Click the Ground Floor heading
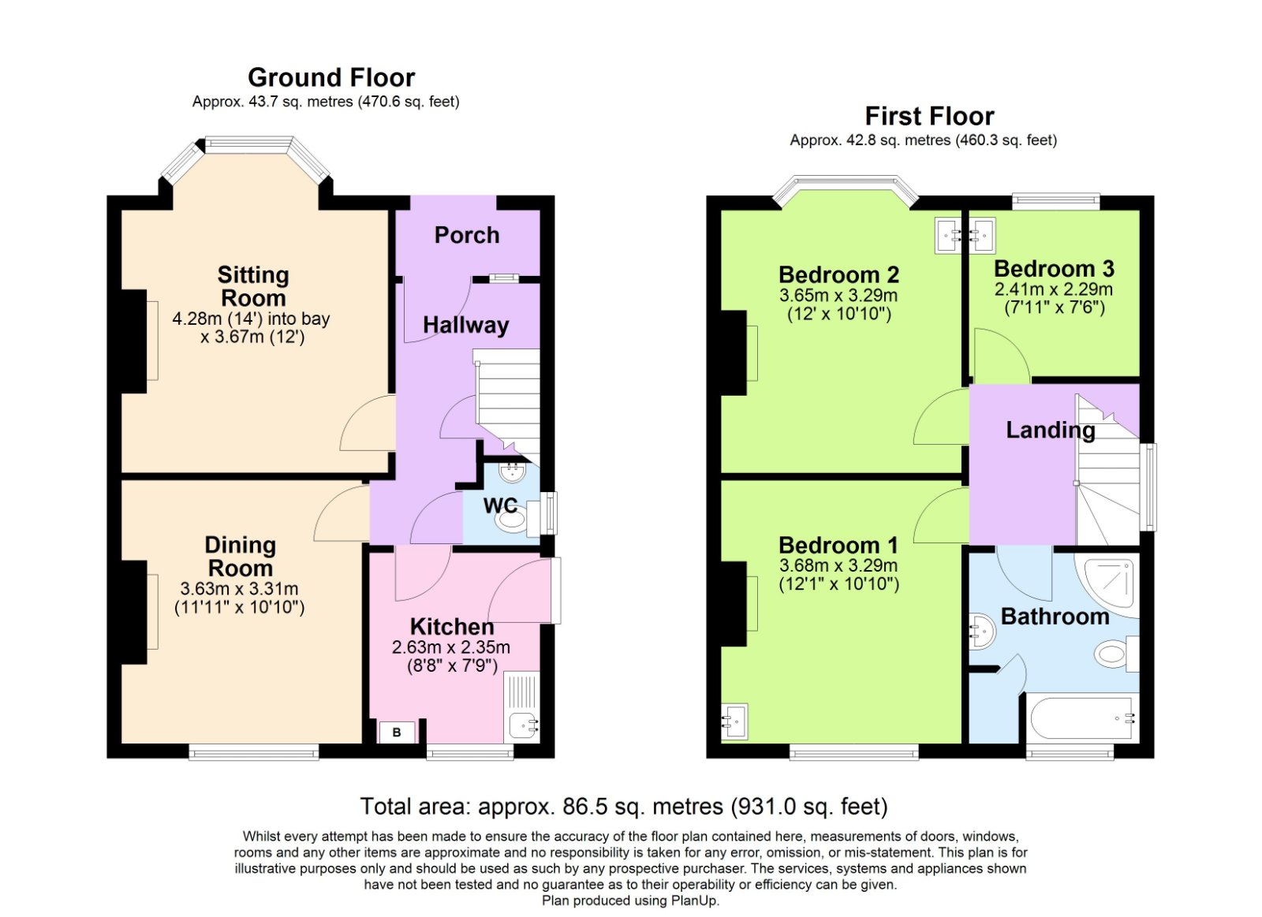(330, 77)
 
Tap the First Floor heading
(929, 116)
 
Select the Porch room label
(466, 235)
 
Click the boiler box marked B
(397, 732)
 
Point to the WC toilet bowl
(512, 520)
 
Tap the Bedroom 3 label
(1054, 269)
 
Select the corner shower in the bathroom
(1111, 584)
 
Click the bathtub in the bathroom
(1083, 718)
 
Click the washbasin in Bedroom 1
(734, 721)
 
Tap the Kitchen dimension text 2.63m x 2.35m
(451, 647)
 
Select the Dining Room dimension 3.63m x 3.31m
(239, 589)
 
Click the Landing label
(1050, 431)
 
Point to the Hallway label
(465, 325)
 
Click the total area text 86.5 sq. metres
(623, 807)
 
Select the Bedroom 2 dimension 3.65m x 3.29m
(838, 296)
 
